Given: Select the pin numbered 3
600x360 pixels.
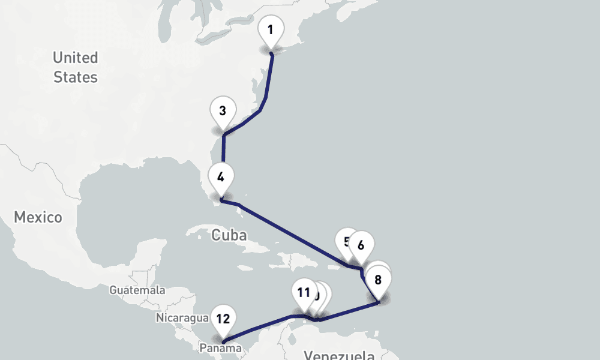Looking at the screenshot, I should pos(223,111).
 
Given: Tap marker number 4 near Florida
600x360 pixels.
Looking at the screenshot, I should pos(221,177).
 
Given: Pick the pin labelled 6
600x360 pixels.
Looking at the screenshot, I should pos(361,245).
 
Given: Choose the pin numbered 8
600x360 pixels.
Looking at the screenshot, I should pos(378,280).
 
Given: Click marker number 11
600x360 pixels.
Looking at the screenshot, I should pos(304,293).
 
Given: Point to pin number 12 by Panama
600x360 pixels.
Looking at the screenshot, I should pos(223,319).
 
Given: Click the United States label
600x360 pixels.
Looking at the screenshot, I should pos(76,67).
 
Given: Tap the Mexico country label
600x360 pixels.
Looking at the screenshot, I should pos(38,217).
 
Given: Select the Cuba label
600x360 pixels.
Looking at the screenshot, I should pos(229,235).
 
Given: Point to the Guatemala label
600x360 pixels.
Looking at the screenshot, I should pos(137,290).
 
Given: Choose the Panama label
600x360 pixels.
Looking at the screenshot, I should pos(221,348).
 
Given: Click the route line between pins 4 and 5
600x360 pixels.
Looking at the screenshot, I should pos(294,234).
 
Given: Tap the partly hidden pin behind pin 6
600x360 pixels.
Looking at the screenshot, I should pos(344,240).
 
